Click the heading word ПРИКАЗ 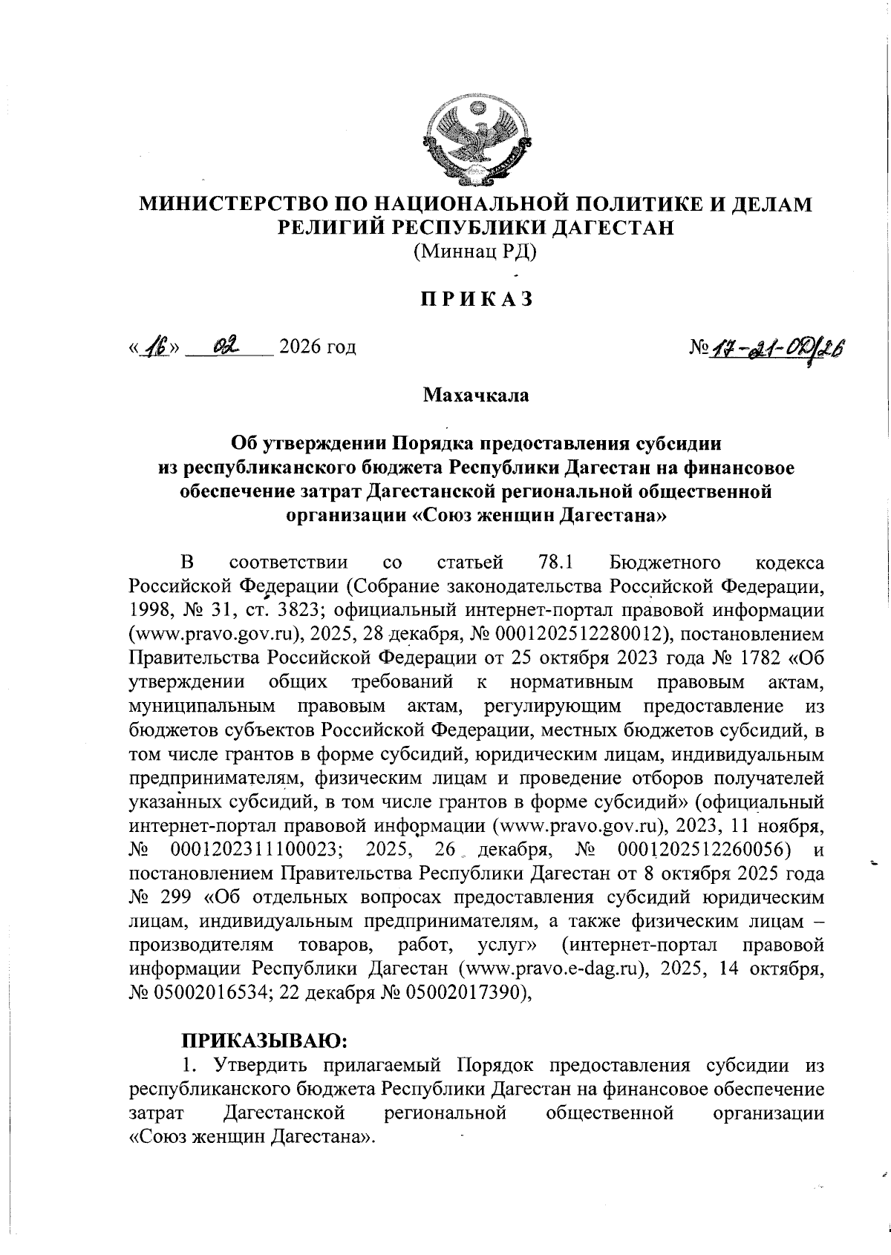[x=476, y=299]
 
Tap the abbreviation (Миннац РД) [x=475, y=252]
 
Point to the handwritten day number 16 [x=157, y=346]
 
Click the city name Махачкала [x=475, y=395]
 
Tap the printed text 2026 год [x=316, y=347]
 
